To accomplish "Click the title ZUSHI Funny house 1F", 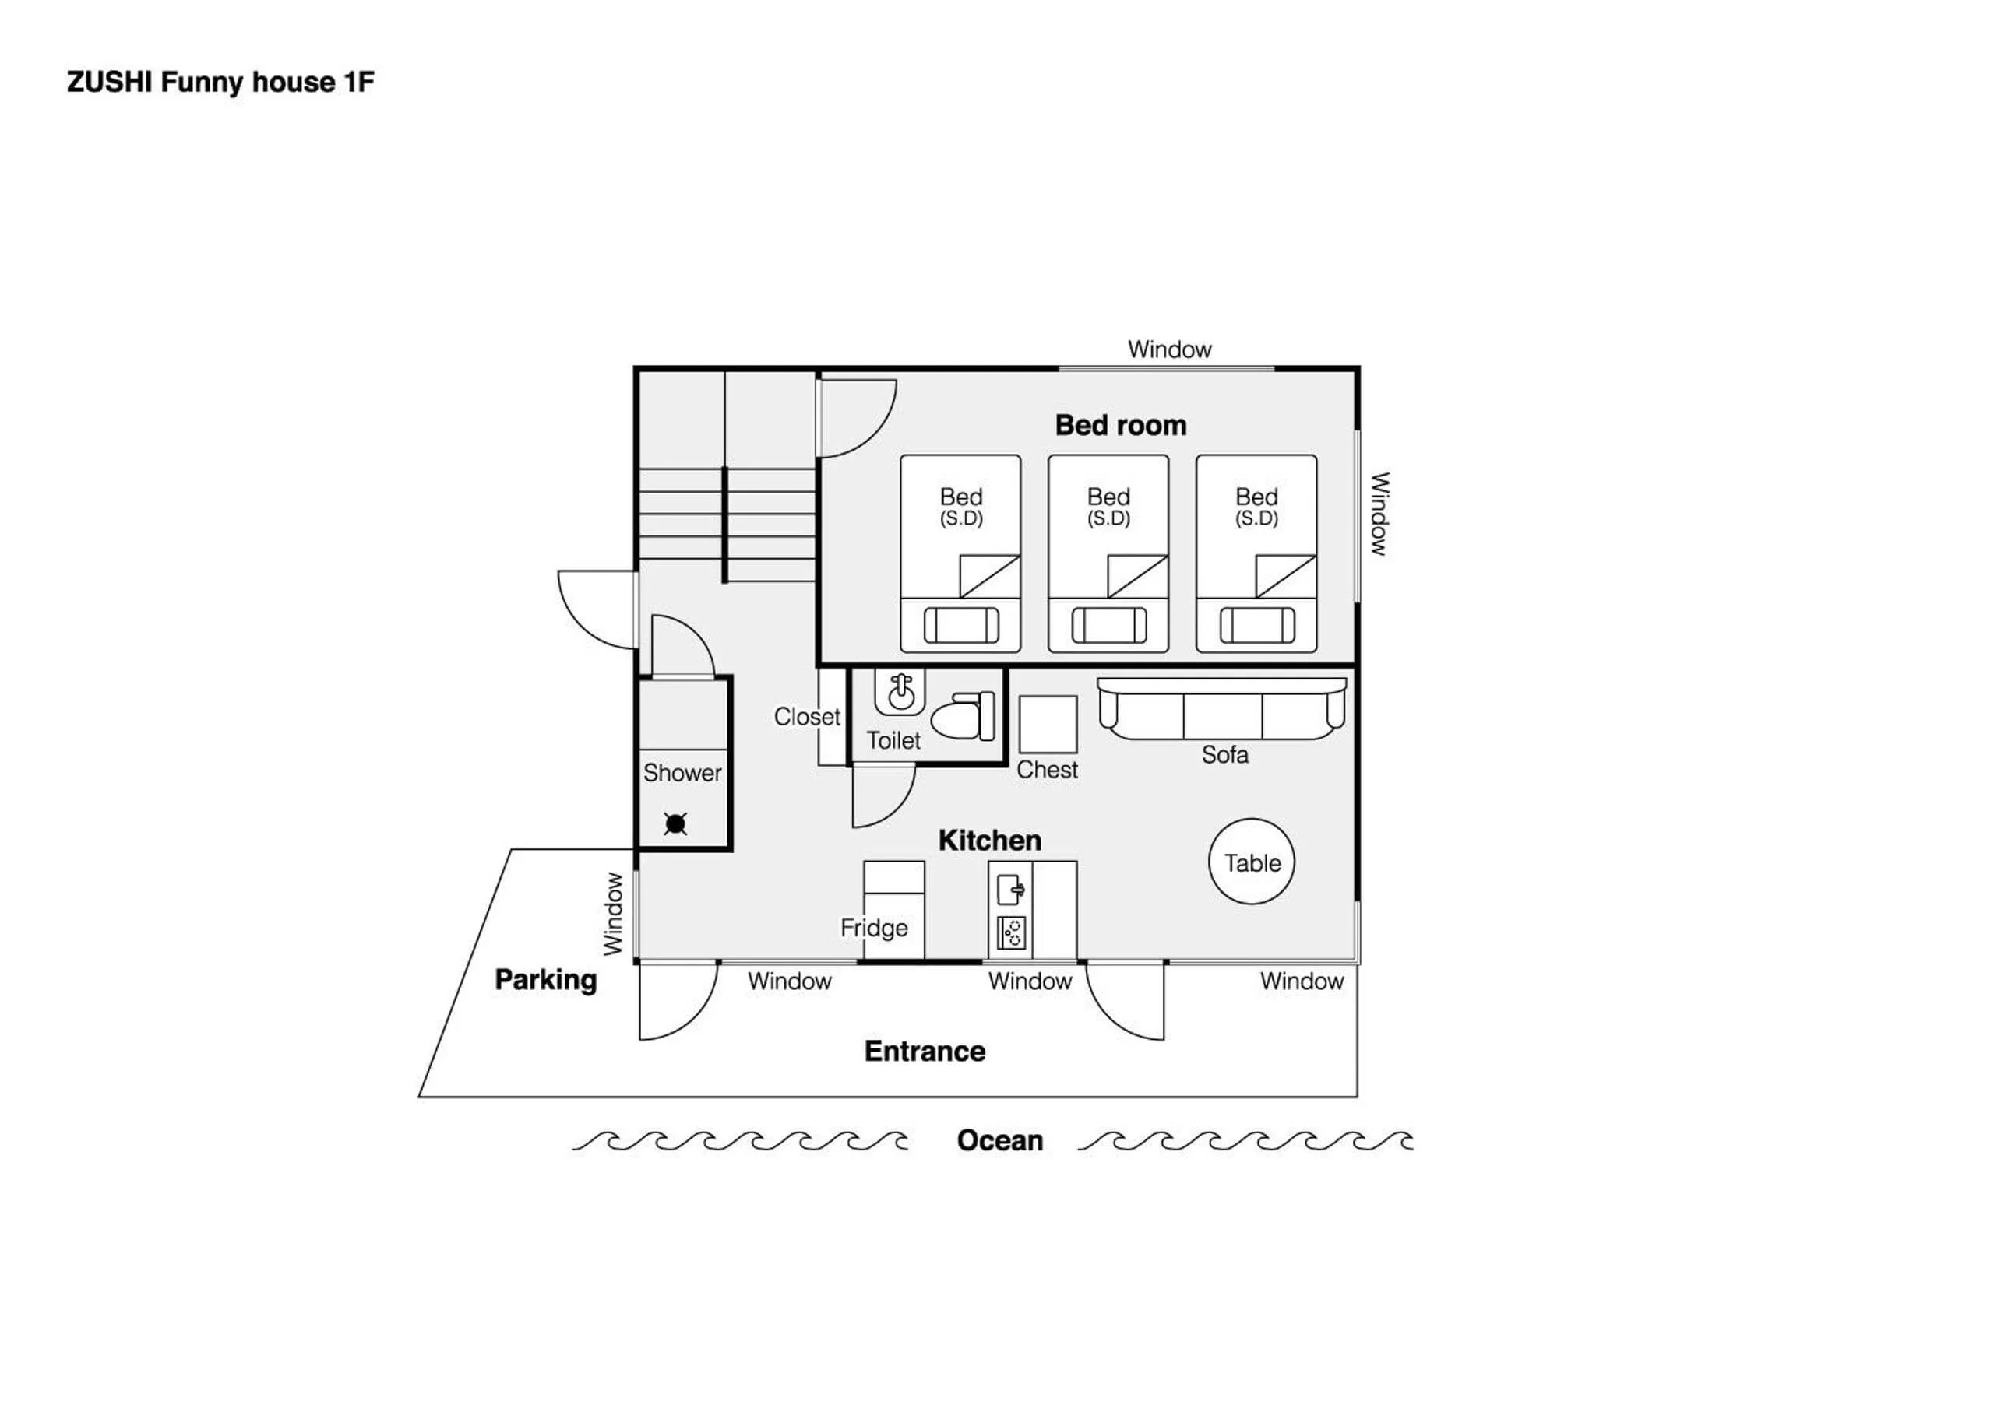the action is tap(220, 83).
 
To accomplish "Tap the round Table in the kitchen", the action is tap(1252, 861).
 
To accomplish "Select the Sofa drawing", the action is tap(1222, 708).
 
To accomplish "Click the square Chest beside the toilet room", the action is tap(1048, 724).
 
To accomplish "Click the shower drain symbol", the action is tap(675, 823).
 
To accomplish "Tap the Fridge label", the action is tap(874, 928).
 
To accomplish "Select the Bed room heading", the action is tap(1120, 425).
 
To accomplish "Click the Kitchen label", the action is tap(989, 841).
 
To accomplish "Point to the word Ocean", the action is tap(999, 1139).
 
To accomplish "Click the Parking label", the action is tap(545, 980).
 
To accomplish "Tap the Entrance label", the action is tap(924, 1052).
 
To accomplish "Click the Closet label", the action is tap(807, 717).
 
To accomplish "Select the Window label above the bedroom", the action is tap(1169, 349).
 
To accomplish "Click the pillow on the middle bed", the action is tap(1108, 625).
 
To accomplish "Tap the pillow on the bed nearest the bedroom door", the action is tap(960, 625).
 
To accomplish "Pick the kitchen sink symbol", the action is tap(1011, 890).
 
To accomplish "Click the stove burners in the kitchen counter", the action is tap(1011, 933).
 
